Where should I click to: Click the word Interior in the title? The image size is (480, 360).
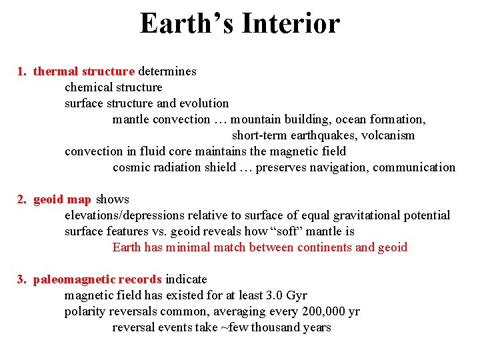[291, 25]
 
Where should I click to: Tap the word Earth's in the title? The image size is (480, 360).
[186, 25]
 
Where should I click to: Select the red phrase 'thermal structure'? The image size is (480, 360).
[84, 71]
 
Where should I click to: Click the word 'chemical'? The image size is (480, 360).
[88, 87]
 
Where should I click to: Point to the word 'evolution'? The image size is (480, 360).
[203, 103]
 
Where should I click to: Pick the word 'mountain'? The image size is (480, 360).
[256, 119]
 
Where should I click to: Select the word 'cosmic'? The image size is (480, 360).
[131, 167]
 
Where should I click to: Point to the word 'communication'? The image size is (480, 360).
[414, 167]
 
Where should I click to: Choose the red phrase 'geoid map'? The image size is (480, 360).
[62, 199]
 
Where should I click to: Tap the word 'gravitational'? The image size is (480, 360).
[373, 215]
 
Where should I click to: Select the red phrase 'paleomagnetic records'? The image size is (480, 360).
[97, 279]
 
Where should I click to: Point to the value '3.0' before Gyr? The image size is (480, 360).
[273, 295]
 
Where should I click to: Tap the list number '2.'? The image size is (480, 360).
[22, 199]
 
